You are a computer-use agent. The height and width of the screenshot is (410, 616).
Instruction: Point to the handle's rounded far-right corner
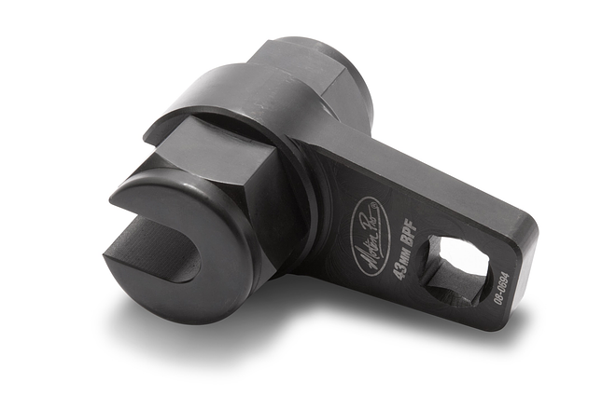(x=527, y=233)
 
